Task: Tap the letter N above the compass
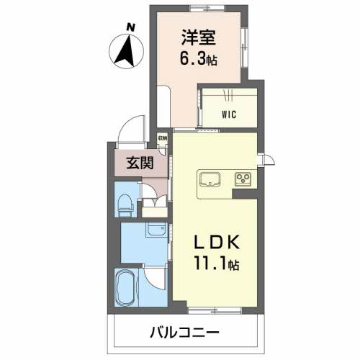point(130,28)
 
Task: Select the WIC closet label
point(228,114)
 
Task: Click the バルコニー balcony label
point(185,334)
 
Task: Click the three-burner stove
point(241,179)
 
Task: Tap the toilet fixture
point(125,203)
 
